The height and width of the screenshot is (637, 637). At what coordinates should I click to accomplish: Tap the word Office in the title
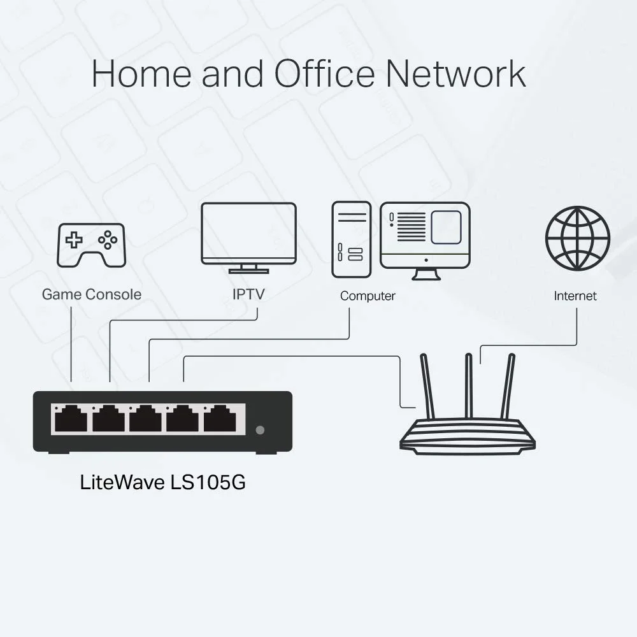pos(325,74)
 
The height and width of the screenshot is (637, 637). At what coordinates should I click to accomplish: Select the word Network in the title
pos(456,74)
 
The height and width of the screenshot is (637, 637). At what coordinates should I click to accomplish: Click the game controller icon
pos(92,245)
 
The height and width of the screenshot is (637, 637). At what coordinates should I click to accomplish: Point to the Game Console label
pos(92,294)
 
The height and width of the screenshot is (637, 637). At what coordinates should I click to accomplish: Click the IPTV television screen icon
pos(248,234)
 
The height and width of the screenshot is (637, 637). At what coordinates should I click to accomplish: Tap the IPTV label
pos(248,294)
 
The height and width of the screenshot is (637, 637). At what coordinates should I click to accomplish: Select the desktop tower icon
pos(351,239)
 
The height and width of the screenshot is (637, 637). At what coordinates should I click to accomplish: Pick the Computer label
pos(368,296)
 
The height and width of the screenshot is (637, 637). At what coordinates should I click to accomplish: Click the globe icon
pos(578,238)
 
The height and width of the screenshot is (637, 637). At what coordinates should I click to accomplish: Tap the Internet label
pos(575,296)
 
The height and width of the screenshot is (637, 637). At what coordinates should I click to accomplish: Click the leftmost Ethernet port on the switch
pos(71,419)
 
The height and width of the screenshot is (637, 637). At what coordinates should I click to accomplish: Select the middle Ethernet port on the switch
pos(145,419)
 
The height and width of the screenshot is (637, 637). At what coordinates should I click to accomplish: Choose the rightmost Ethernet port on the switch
pos(220,419)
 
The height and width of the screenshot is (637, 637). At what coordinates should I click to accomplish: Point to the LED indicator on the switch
pos(259,430)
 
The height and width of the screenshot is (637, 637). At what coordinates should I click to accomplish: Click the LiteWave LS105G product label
pos(163,482)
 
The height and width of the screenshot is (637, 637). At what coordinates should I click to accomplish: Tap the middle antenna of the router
pos(469,385)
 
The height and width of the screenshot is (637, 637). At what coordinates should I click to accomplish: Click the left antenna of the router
pos(427,385)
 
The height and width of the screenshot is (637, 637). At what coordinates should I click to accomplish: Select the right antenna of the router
pos(508,385)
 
